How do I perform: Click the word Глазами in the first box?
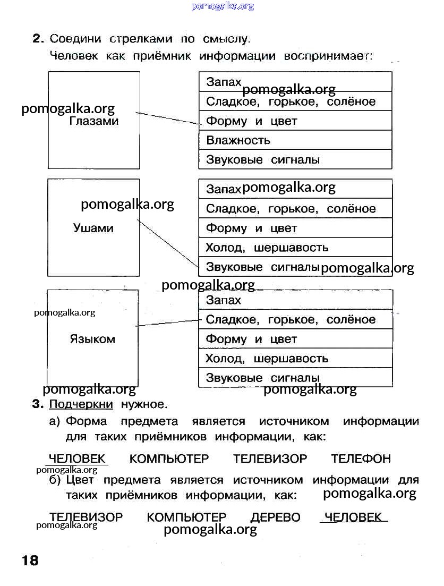pos(94,121)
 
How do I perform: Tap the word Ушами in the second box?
pos(93,228)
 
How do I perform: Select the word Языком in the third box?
pos(92,339)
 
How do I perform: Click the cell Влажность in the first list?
pos(238,140)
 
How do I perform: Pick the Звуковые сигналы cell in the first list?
pos(263,160)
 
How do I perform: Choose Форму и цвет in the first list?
pos(251,121)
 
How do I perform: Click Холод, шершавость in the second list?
pos(267,248)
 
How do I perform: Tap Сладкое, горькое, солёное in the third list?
pos(290,320)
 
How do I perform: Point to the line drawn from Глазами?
pos(167,118)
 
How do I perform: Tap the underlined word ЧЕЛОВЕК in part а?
pos(78,458)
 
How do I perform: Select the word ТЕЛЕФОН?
pos(361,458)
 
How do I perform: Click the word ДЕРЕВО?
pos(276,517)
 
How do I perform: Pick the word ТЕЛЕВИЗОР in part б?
pos(86,517)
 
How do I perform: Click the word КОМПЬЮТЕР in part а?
pos(169,458)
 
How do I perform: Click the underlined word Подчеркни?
pos(81,405)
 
